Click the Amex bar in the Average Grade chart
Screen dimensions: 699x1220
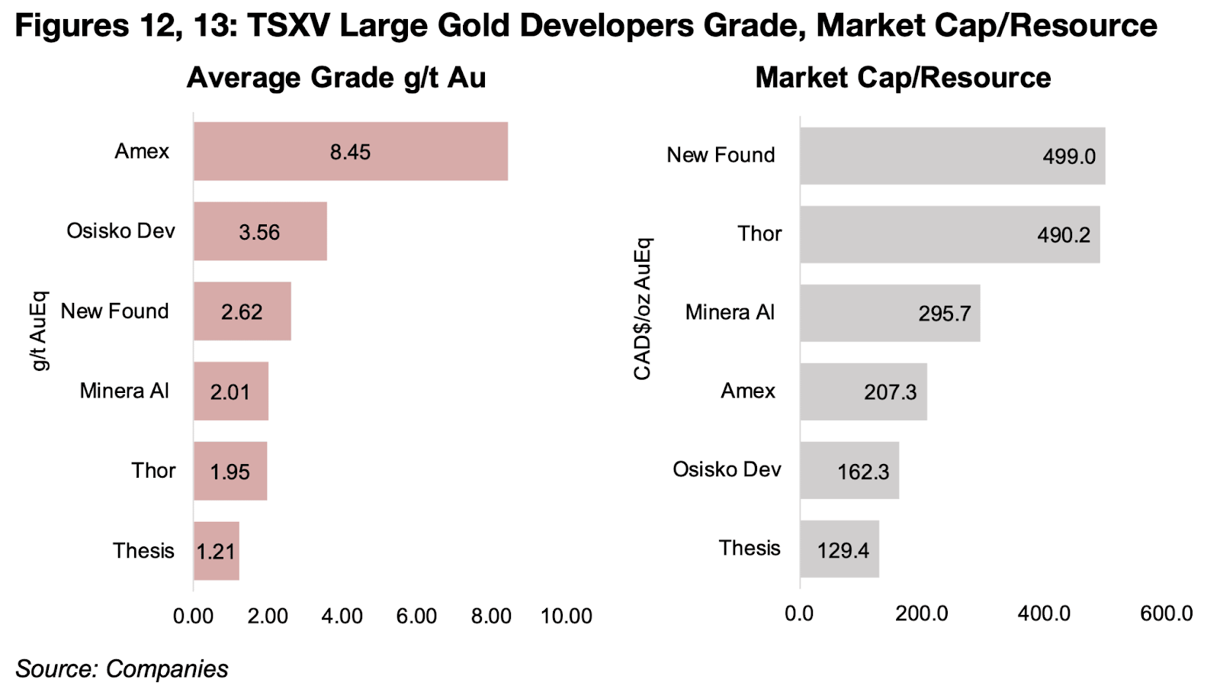pos(350,151)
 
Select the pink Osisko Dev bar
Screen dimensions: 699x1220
pos(260,231)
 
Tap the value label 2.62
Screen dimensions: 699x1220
pos(242,312)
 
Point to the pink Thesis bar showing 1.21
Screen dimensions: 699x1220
pos(216,551)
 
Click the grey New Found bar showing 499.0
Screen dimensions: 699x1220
pos(952,156)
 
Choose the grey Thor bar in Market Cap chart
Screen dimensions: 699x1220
pos(949,234)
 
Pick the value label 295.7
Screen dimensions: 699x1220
pos(944,314)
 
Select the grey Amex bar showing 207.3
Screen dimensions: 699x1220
pos(863,391)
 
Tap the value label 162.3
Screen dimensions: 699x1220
pos(863,472)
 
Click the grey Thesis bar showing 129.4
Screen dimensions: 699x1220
pos(839,549)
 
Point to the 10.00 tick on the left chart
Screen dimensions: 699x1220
pos(566,617)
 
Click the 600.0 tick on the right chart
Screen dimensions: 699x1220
pos(1166,614)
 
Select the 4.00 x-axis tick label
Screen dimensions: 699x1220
pos(342,617)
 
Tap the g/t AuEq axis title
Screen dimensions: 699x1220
pos(39,330)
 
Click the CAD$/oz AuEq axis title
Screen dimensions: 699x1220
pos(643,308)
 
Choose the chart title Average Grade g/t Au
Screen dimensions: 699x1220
pos(336,78)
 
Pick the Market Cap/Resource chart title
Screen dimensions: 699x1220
pos(903,78)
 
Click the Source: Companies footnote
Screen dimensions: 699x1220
pos(122,668)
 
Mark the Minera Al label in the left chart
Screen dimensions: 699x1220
pos(124,391)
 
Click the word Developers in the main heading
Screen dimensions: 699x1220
pos(604,26)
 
